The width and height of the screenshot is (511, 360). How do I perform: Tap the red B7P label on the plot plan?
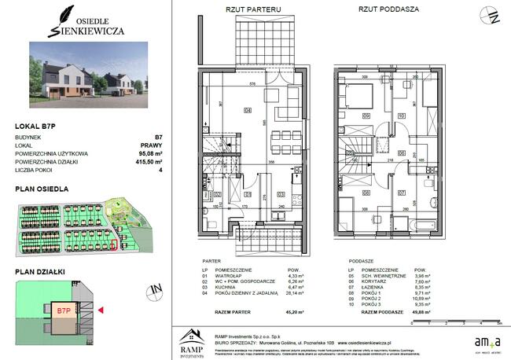point(64,310)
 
